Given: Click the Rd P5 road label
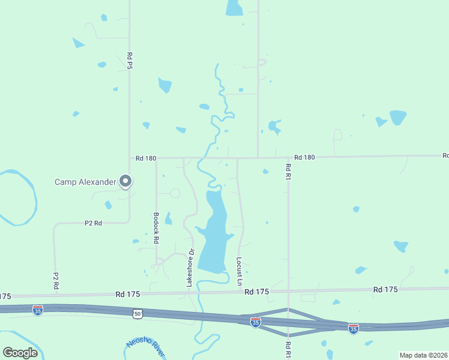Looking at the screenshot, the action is click(x=130, y=61).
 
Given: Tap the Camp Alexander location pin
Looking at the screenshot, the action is click(x=125, y=181).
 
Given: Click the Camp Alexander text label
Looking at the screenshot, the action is click(x=85, y=182).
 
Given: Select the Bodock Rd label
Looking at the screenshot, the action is click(x=156, y=227).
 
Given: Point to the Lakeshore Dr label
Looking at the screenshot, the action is click(x=191, y=267).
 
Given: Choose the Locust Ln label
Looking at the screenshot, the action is click(x=239, y=271).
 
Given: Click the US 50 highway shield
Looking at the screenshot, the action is click(x=137, y=314).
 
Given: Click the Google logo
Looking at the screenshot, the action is click(x=20, y=353).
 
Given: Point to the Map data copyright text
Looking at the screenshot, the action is click(x=423, y=355).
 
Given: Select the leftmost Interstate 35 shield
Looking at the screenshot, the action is click(x=38, y=310).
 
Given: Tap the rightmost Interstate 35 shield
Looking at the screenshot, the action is click(x=354, y=328).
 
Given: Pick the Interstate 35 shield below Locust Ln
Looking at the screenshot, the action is click(x=256, y=322).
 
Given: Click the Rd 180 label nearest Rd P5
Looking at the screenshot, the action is click(x=146, y=158).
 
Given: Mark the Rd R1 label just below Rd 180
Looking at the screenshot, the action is click(x=288, y=172).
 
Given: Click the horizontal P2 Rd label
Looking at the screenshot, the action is click(x=93, y=223).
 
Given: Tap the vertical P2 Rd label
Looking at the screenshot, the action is click(x=55, y=281).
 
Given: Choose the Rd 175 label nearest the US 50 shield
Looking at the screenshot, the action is click(x=128, y=294).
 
